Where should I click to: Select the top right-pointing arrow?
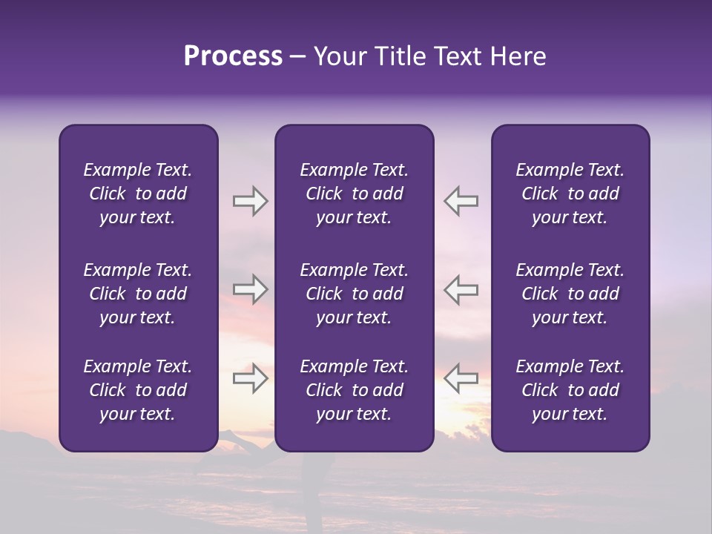[250, 201]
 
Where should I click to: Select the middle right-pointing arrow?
[250, 289]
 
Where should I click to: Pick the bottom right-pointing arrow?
[250, 378]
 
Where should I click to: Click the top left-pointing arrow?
[461, 201]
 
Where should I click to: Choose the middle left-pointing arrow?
[461, 289]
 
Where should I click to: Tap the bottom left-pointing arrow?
[461, 378]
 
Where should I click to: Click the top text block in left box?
[138, 194]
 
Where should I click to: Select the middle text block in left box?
[138, 294]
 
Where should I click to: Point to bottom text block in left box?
[138, 390]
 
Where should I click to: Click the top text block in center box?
[355, 194]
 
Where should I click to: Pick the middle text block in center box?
[355, 294]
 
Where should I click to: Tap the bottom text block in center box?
[355, 390]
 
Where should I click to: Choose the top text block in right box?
[570, 194]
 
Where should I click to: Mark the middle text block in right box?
[570, 294]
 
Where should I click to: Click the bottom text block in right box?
[570, 390]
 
